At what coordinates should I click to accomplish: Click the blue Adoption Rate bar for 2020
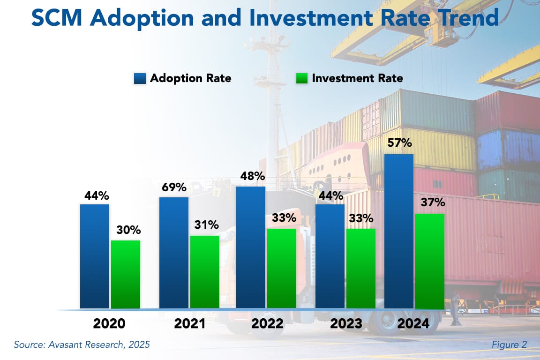(x=95, y=256)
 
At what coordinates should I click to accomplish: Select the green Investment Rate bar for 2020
(x=125, y=275)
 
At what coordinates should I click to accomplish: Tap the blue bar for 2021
(x=174, y=253)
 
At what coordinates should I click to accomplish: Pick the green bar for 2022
(x=282, y=269)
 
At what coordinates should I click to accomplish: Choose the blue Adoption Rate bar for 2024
(x=399, y=232)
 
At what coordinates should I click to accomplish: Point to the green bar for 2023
(x=361, y=269)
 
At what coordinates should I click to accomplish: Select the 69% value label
(x=174, y=187)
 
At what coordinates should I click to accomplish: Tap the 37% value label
(x=430, y=203)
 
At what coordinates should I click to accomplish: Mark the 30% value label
(x=125, y=230)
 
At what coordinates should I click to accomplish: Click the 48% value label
(x=251, y=176)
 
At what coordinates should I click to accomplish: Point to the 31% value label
(x=204, y=225)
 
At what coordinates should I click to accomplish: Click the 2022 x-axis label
(x=267, y=324)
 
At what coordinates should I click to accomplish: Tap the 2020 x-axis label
(x=109, y=324)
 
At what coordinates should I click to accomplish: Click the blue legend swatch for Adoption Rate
(x=139, y=78)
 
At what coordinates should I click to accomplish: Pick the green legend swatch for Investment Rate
(x=301, y=78)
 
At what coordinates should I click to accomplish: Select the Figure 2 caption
(x=509, y=345)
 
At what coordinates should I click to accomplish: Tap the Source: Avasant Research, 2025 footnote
(x=82, y=345)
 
